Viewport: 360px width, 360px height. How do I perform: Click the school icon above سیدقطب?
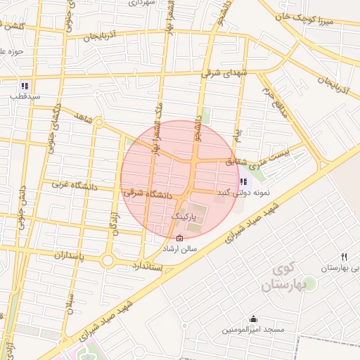click(25, 86)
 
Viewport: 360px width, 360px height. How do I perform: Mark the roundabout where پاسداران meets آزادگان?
click(107, 261)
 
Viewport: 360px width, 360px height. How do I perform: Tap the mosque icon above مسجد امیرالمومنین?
click(253, 319)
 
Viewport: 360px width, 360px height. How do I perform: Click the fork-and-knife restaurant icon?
click(344, 257)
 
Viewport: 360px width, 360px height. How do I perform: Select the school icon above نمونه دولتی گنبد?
click(243, 182)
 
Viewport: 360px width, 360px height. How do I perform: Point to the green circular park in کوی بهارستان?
click(309, 283)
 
